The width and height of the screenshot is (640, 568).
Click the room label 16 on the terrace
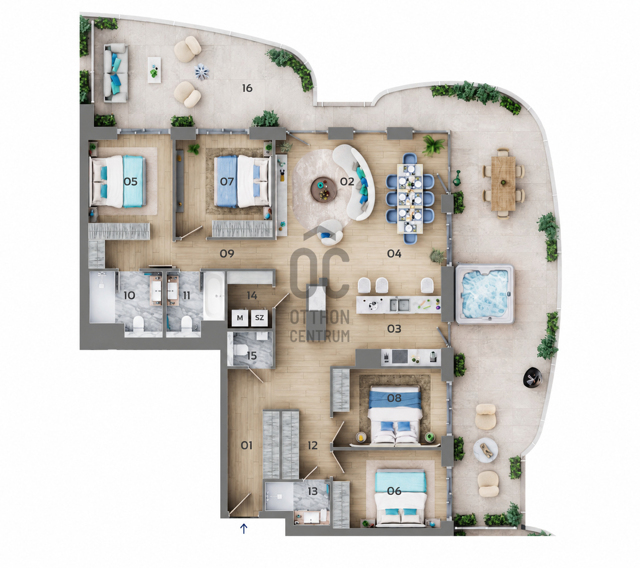pos(247,88)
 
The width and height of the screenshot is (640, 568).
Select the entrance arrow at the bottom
pos(244,528)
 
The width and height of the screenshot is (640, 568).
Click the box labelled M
pos(240,318)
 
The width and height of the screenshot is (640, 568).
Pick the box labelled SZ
pos(259,318)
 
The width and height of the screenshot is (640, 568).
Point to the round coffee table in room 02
pos(324,189)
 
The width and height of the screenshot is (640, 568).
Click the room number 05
pos(130,181)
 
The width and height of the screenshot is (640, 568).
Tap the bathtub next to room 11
pos(214,296)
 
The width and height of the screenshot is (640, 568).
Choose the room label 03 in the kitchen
pos(394,329)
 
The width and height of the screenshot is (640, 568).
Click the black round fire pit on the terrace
pos(533,377)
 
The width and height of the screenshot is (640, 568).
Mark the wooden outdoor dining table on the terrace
pos(503,184)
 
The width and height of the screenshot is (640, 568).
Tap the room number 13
pos(313,491)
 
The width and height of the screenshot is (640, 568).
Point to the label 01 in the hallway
pos(246,445)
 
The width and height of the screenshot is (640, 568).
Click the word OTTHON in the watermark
pos(319,316)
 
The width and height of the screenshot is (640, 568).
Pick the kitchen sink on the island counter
pos(399,304)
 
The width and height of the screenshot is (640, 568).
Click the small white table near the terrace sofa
pos(154,70)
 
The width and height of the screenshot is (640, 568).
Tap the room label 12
pos(313,445)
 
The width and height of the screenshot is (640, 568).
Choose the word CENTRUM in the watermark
pos(320,336)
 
